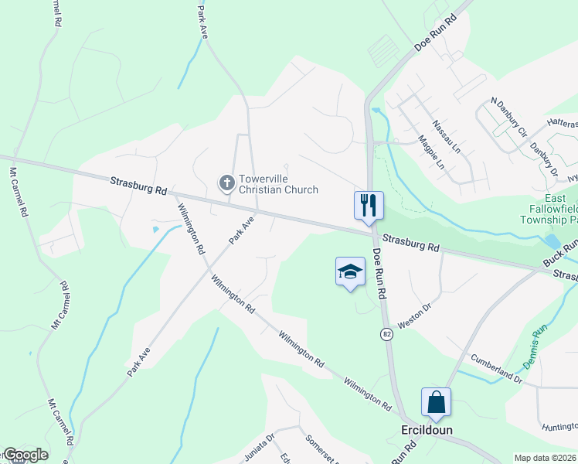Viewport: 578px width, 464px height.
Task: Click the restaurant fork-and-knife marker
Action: tap(369, 205)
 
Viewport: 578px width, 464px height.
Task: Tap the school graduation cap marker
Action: tap(349, 271)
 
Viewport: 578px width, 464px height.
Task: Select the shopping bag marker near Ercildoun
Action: tap(436, 402)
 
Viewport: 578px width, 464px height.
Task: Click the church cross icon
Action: tap(226, 183)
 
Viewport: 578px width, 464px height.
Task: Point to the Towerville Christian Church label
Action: tap(278, 183)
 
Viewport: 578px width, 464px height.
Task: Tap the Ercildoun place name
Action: tap(427, 430)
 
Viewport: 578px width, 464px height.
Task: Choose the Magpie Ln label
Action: tap(431, 153)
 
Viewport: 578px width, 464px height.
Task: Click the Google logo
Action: tap(25, 455)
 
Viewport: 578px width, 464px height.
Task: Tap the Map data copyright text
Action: tap(545, 458)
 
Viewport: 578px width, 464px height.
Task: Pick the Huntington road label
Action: tap(559, 425)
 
